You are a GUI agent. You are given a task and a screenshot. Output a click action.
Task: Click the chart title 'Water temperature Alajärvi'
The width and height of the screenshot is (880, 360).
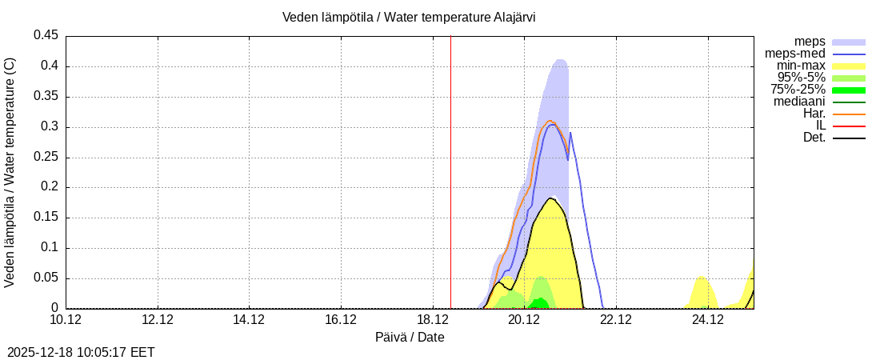point(409,18)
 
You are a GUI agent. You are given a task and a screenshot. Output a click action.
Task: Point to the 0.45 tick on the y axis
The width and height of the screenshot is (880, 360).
point(46,35)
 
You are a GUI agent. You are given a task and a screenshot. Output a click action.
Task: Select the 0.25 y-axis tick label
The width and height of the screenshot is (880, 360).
point(46,157)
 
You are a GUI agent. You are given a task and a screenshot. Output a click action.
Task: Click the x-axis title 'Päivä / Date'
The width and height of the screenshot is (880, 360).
point(410,337)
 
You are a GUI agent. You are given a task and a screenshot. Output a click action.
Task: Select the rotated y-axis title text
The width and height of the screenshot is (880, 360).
point(10,172)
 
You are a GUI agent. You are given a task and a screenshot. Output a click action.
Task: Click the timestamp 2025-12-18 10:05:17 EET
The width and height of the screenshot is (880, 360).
point(81,352)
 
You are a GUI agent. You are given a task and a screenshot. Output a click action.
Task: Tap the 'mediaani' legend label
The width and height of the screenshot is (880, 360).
point(799,102)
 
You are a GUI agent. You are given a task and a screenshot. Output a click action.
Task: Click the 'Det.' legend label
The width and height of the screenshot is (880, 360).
point(814,138)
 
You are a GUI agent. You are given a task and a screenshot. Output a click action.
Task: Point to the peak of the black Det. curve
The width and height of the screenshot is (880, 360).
point(551,198)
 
